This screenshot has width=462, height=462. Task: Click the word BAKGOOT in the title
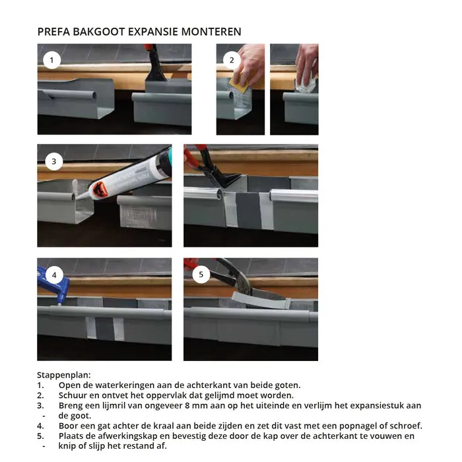tap(91, 32)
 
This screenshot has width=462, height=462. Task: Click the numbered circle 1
tap(51, 60)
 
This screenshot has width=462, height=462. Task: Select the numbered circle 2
tap(231, 60)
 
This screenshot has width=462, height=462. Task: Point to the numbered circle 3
tap(53, 161)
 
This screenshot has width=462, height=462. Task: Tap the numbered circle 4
tap(53, 274)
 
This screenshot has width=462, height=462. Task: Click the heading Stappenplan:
tap(64, 374)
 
